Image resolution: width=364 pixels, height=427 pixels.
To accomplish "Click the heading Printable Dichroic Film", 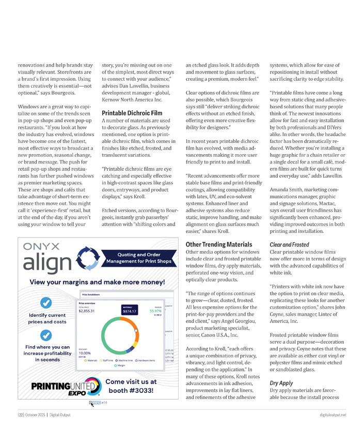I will coord(132,112).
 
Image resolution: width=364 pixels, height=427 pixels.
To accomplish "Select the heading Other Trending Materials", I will coord(219,244).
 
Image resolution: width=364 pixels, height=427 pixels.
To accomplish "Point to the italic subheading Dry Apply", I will coord(281,383).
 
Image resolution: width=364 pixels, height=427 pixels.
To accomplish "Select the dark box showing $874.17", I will coord(129,311).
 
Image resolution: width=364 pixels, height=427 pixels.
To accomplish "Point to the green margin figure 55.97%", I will coord(155,311).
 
